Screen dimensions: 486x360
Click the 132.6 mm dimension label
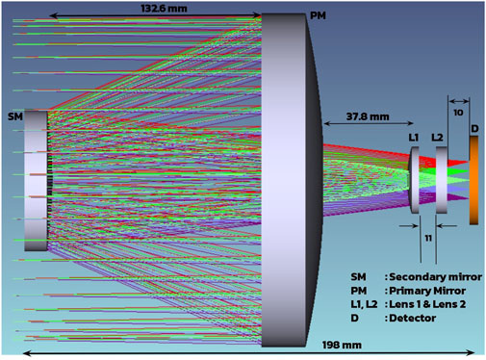[164, 9]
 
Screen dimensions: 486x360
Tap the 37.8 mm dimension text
[368, 116]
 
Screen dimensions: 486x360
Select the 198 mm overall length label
[342, 345]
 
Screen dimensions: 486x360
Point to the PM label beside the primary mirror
[318, 15]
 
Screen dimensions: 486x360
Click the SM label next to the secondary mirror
[15, 116]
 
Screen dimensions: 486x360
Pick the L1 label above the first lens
[414, 138]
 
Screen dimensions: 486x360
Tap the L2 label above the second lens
[437, 138]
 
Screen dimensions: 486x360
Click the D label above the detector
[474, 129]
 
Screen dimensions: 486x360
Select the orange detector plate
[473, 180]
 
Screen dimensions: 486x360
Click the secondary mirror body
[36, 181]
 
